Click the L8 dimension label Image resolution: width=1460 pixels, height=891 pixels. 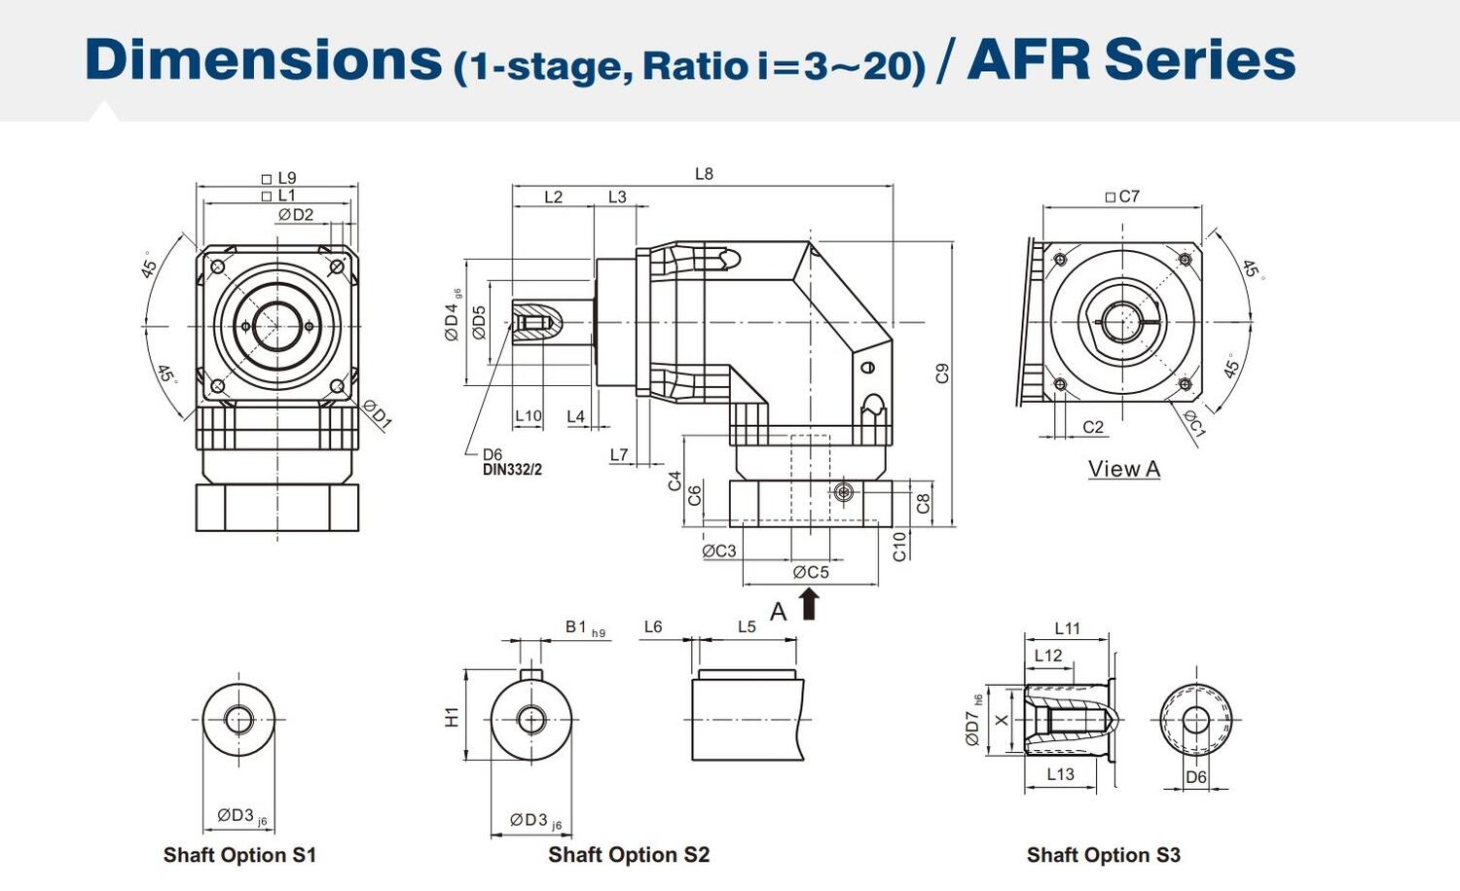[704, 174]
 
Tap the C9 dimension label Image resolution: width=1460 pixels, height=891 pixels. [941, 373]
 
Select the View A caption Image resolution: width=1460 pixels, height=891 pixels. [1124, 469]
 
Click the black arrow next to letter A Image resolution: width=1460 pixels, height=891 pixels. [809, 604]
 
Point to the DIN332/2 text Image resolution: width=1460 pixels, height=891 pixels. [512, 470]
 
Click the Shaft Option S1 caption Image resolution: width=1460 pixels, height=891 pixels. [239, 855]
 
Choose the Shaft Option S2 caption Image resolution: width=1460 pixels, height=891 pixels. [629, 855]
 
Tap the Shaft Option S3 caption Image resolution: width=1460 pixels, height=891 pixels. [1103, 855]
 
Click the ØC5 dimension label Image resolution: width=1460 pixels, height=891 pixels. [811, 572]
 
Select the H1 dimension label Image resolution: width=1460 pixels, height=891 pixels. [452, 717]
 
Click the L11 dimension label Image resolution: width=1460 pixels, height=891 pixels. [1067, 628]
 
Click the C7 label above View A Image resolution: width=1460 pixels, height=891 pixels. [1122, 196]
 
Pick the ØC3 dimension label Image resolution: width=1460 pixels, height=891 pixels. [719, 551]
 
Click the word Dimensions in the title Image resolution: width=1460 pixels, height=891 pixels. [263, 59]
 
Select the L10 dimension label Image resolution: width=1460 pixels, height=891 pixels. [528, 415]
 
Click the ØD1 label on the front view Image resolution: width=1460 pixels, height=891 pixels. [377, 414]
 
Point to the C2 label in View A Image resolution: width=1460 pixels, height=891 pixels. [1093, 427]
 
